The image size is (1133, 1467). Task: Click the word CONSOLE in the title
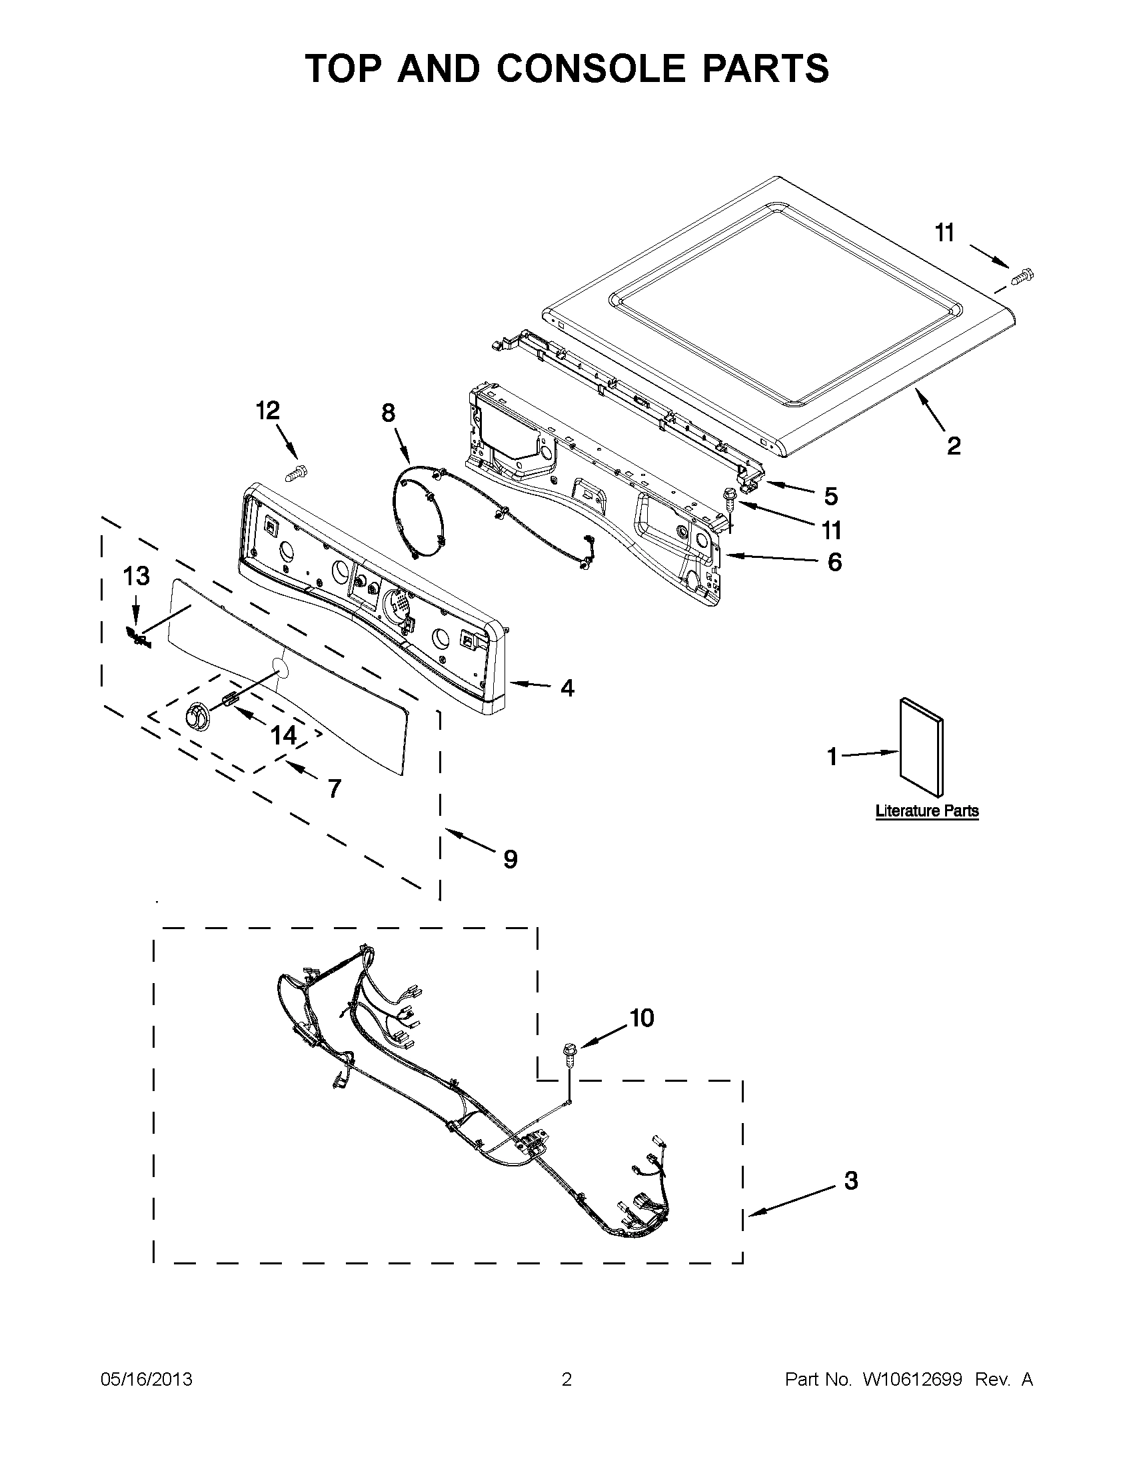(x=591, y=69)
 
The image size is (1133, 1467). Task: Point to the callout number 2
(x=954, y=445)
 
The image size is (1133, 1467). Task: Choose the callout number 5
(x=831, y=497)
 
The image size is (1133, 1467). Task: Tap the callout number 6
(x=834, y=562)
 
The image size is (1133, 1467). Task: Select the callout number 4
(x=568, y=688)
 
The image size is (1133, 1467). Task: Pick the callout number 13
(x=136, y=576)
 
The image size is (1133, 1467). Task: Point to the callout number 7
(x=334, y=788)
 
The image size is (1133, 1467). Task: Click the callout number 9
(x=511, y=858)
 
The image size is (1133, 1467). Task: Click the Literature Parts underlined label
(x=927, y=810)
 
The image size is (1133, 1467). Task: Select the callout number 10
(x=641, y=1018)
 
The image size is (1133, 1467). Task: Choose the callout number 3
(x=851, y=1180)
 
